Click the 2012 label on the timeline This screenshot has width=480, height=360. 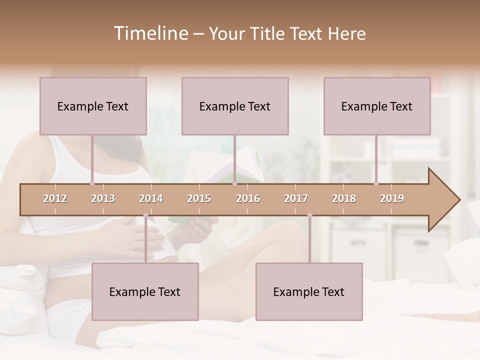(x=55, y=198)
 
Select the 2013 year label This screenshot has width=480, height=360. (x=103, y=198)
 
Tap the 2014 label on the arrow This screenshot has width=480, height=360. (x=151, y=198)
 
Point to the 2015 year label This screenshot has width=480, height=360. (x=199, y=198)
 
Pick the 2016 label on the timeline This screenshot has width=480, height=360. (x=248, y=198)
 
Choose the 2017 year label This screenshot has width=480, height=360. (x=296, y=198)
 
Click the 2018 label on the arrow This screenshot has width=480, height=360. (x=344, y=198)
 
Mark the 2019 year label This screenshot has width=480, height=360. (x=392, y=198)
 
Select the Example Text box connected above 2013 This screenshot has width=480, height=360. (x=93, y=106)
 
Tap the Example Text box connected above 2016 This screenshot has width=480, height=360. (x=235, y=106)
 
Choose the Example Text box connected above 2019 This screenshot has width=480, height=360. (x=377, y=106)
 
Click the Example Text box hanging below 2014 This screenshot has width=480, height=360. (x=145, y=291)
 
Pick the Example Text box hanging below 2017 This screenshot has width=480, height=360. (x=309, y=291)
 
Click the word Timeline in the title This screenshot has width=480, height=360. (x=150, y=33)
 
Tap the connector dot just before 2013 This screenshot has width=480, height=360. (x=92, y=183)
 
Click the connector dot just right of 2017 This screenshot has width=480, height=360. (x=309, y=215)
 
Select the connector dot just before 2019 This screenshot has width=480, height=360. (x=376, y=183)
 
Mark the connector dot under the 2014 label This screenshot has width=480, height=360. (x=145, y=215)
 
